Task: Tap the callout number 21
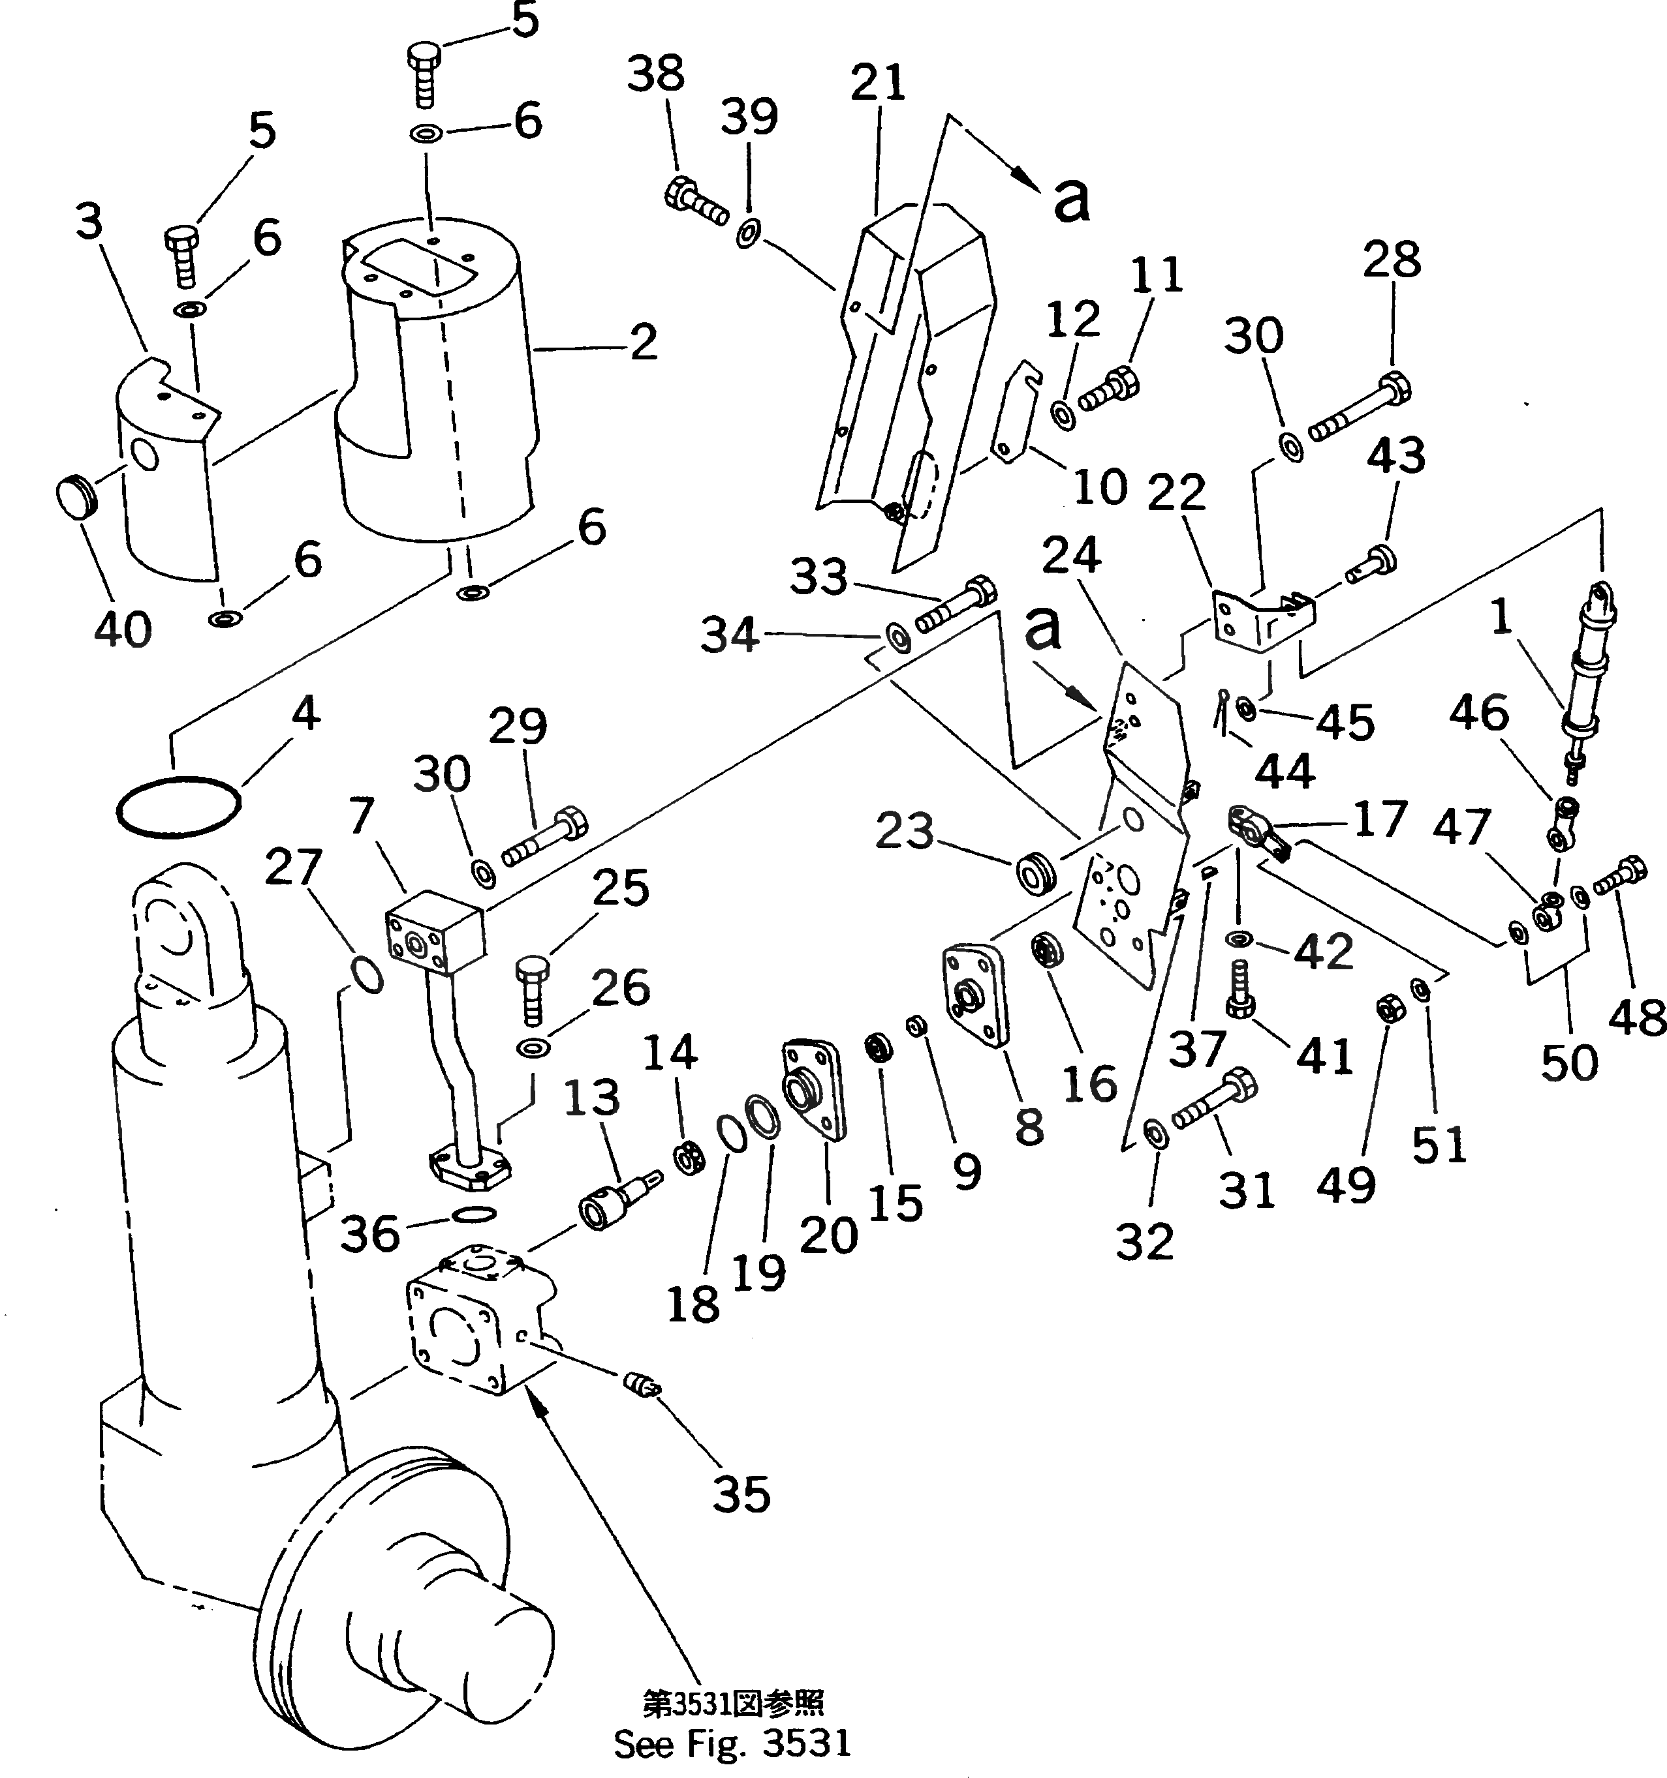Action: click(x=878, y=83)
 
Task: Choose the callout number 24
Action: click(x=1072, y=556)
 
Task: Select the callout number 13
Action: click(x=591, y=1098)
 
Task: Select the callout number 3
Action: click(x=89, y=222)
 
